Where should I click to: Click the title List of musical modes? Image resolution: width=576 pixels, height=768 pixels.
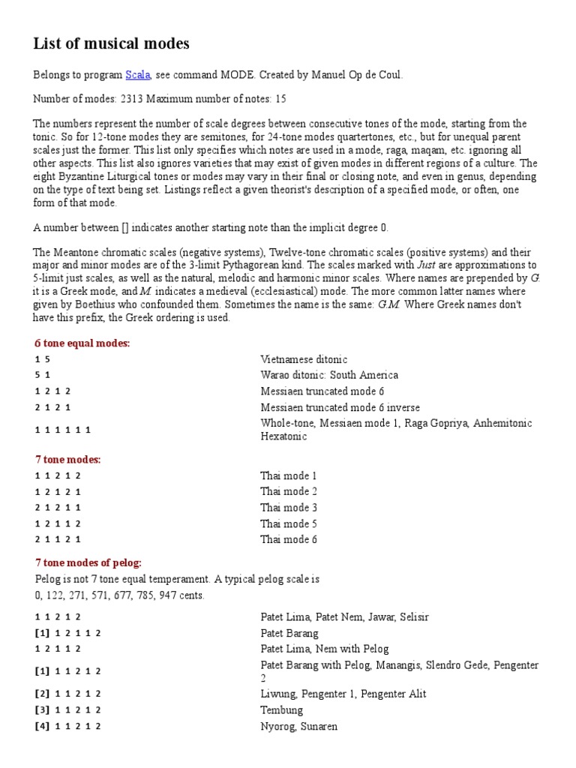[111, 44]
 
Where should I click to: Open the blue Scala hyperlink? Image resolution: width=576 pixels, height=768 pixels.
[137, 75]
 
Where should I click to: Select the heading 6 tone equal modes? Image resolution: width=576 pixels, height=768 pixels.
[82, 343]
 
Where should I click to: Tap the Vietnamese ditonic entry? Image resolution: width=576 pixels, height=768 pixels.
[304, 359]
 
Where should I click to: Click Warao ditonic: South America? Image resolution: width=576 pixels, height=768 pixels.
[329, 375]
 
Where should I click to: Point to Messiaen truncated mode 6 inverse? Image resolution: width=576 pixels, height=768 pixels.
[340, 407]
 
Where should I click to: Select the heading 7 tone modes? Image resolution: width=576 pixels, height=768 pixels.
[67, 459]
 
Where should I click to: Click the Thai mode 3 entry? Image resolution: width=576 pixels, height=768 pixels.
[289, 508]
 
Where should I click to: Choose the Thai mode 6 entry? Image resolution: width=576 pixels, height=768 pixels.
[289, 539]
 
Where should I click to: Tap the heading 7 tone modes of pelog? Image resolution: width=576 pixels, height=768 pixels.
[88, 562]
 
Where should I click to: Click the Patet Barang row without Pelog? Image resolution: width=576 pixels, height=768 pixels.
[289, 633]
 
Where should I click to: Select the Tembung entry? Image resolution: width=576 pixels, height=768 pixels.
[282, 709]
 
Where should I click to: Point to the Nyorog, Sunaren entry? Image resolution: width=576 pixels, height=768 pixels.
[298, 726]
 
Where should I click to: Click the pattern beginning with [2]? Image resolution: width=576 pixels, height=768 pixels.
[67, 694]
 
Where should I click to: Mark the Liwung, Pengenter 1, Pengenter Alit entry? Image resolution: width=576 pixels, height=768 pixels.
[343, 694]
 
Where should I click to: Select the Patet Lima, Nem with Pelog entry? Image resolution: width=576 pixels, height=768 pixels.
[325, 649]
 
